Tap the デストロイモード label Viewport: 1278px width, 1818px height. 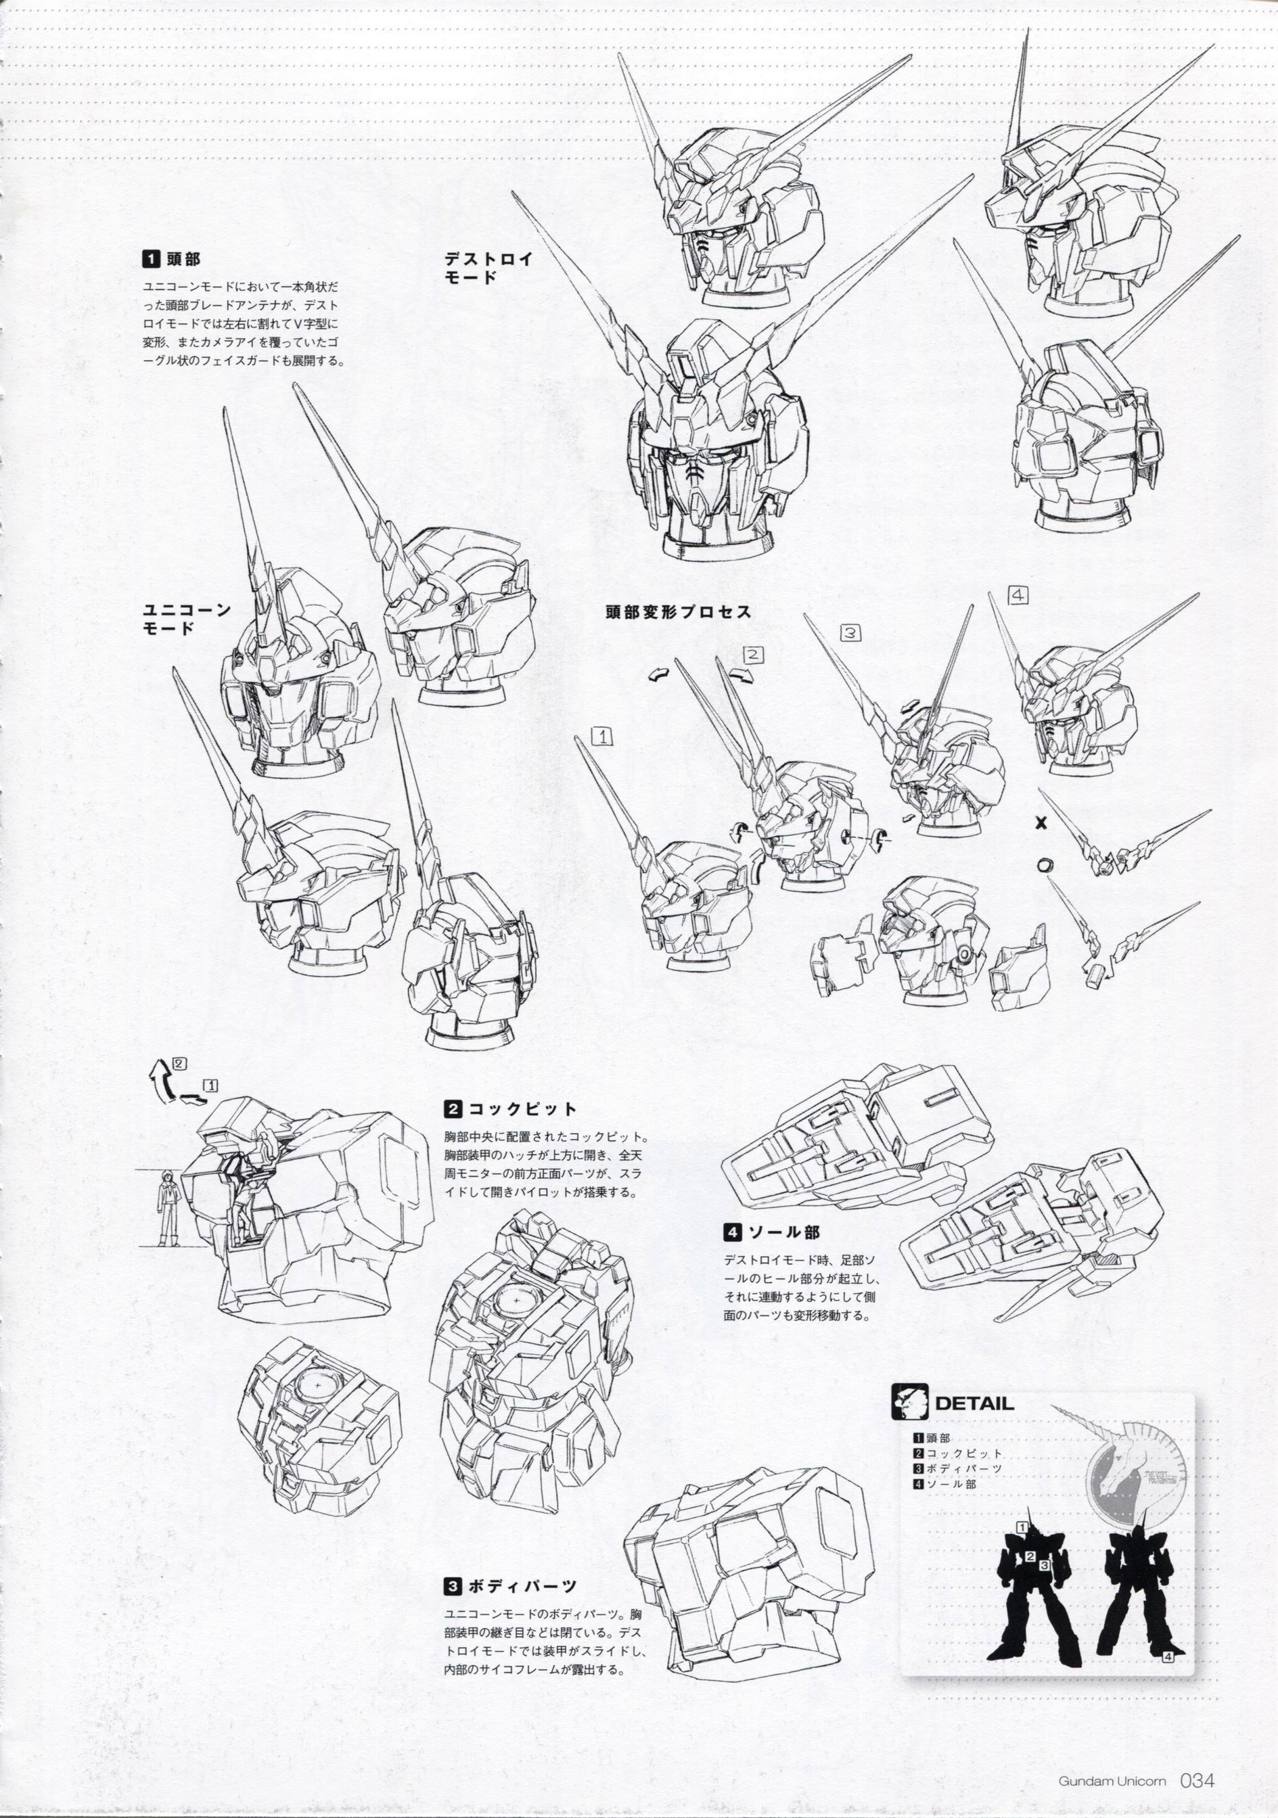(x=488, y=268)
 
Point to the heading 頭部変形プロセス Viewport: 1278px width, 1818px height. (x=678, y=612)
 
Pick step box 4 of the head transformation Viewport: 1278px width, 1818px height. (x=1018, y=595)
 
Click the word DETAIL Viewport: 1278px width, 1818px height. (x=974, y=1404)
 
